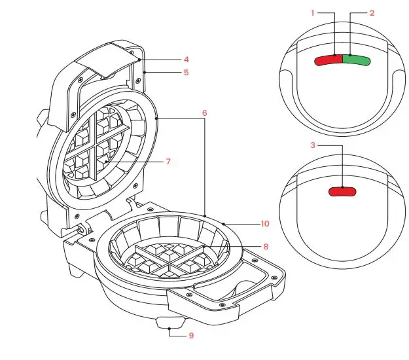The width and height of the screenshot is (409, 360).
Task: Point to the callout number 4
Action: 186,59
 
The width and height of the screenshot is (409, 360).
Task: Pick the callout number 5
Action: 186,73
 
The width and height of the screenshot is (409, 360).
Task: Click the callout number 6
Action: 204,113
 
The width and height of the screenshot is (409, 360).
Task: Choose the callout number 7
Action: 168,160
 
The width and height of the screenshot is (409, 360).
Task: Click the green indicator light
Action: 357,60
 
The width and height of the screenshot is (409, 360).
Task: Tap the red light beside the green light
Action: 329,60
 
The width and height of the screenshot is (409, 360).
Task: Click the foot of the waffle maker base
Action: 169,323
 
